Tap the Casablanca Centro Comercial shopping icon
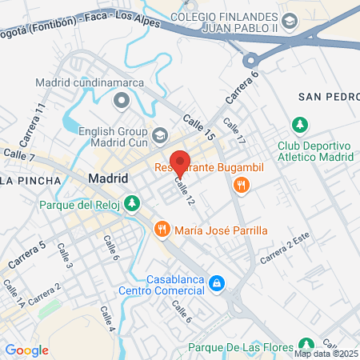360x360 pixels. [216, 283]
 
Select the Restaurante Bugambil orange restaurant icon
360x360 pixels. [242, 186]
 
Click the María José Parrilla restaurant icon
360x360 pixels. [162, 230]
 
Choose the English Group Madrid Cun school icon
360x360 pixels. [160, 135]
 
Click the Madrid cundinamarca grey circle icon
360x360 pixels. [122, 100]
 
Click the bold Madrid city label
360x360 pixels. [108, 178]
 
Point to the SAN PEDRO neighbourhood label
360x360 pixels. [326, 97]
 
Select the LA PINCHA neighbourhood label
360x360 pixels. [30, 181]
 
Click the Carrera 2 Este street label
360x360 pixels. [284, 254]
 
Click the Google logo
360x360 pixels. [26, 350]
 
